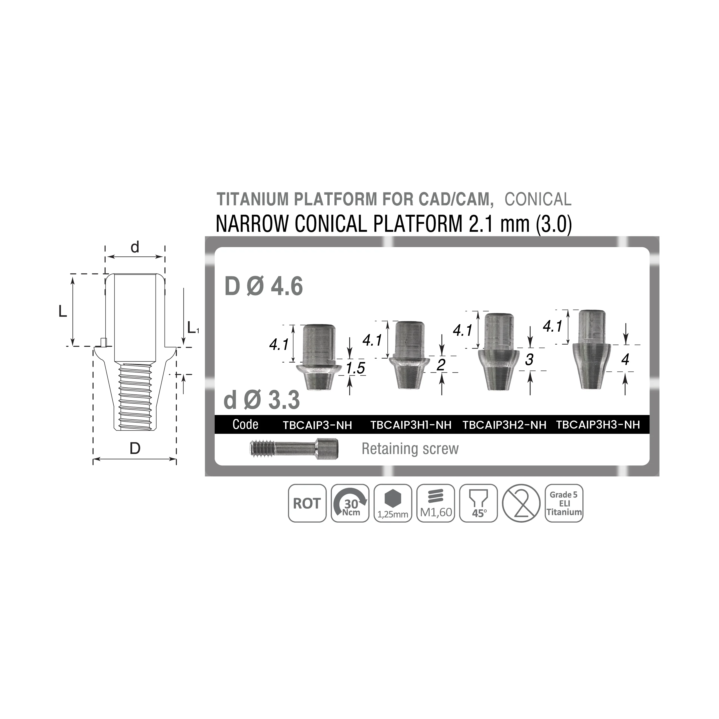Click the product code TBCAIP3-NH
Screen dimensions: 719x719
[318, 425]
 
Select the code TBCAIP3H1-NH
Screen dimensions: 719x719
[411, 425]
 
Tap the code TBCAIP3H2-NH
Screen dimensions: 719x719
[504, 425]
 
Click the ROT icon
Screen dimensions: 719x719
[307, 503]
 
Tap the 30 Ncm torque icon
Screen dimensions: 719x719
[350, 503]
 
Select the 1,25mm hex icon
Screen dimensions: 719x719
[393, 503]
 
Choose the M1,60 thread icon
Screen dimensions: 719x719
[436, 503]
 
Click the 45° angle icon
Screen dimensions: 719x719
[479, 503]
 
